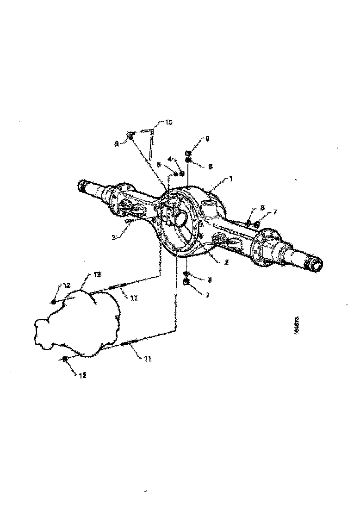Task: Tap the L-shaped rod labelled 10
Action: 151,141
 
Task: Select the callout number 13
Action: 97,275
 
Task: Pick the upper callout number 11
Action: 134,299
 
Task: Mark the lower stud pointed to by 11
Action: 129,343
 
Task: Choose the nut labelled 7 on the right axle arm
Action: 256,224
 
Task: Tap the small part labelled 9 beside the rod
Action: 131,135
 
